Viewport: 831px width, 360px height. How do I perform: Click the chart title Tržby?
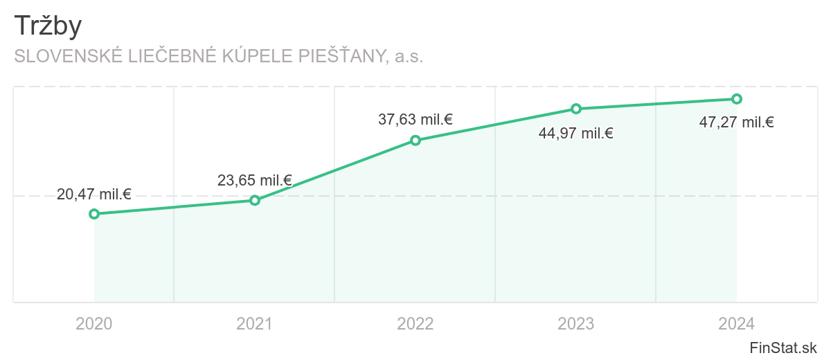point(48,26)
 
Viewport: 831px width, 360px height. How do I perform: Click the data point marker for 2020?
point(94,214)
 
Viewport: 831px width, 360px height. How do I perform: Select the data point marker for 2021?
point(255,200)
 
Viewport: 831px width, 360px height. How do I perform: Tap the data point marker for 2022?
point(415,141)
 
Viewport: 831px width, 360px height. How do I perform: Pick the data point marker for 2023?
point(576,109)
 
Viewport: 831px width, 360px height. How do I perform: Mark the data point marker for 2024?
point(737,99)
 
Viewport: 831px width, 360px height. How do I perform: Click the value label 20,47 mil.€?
point(94,195)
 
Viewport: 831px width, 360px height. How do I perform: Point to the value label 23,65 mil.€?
point(255,181)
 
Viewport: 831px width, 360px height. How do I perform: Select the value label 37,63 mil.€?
point(415,120)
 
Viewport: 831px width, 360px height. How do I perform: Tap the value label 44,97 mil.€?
point(576,134)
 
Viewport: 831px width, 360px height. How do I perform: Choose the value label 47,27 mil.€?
point(737,123)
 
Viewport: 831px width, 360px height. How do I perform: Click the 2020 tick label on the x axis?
point(94,323)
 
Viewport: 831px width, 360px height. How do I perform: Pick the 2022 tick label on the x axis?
point(415,323)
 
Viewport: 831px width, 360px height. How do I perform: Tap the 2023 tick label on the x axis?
point(576,323)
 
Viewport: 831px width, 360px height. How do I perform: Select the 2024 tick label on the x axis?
point(737,323)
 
